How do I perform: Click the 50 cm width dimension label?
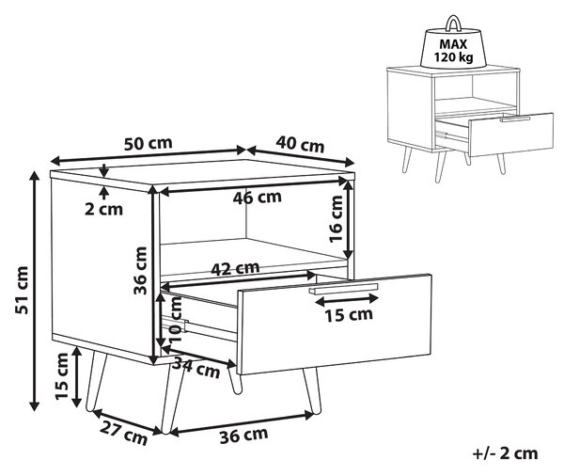click(149, 143)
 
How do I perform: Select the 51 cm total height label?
click(22, 290)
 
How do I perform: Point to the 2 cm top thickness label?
click(103, 209)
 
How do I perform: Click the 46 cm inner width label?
click(258, 198)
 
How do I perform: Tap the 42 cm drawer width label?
click(235, 268)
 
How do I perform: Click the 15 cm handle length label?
click(349, 315)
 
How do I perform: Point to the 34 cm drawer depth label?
click(196, 369)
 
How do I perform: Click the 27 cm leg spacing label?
click(124, 433)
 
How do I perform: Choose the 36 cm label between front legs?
click(243, 435)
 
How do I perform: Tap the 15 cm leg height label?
click(61, 376)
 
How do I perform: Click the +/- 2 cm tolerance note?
click(505, 453)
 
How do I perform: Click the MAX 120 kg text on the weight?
click(453, 50)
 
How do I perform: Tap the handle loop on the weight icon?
click(454, 23)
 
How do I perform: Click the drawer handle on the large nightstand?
click(343, 289)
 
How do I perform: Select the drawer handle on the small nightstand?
click(515, 119)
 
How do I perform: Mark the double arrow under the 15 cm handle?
click(346, 299)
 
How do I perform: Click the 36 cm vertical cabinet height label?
click(140, 271)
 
